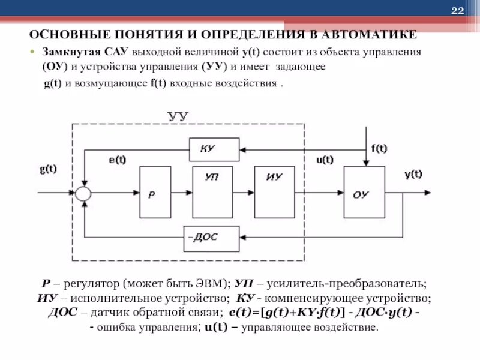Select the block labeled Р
click(154, 193)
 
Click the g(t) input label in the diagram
click(49, 169)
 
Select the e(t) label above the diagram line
click(118, 160)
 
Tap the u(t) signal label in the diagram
click(326, 160)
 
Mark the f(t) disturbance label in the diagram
click(379, 149)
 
